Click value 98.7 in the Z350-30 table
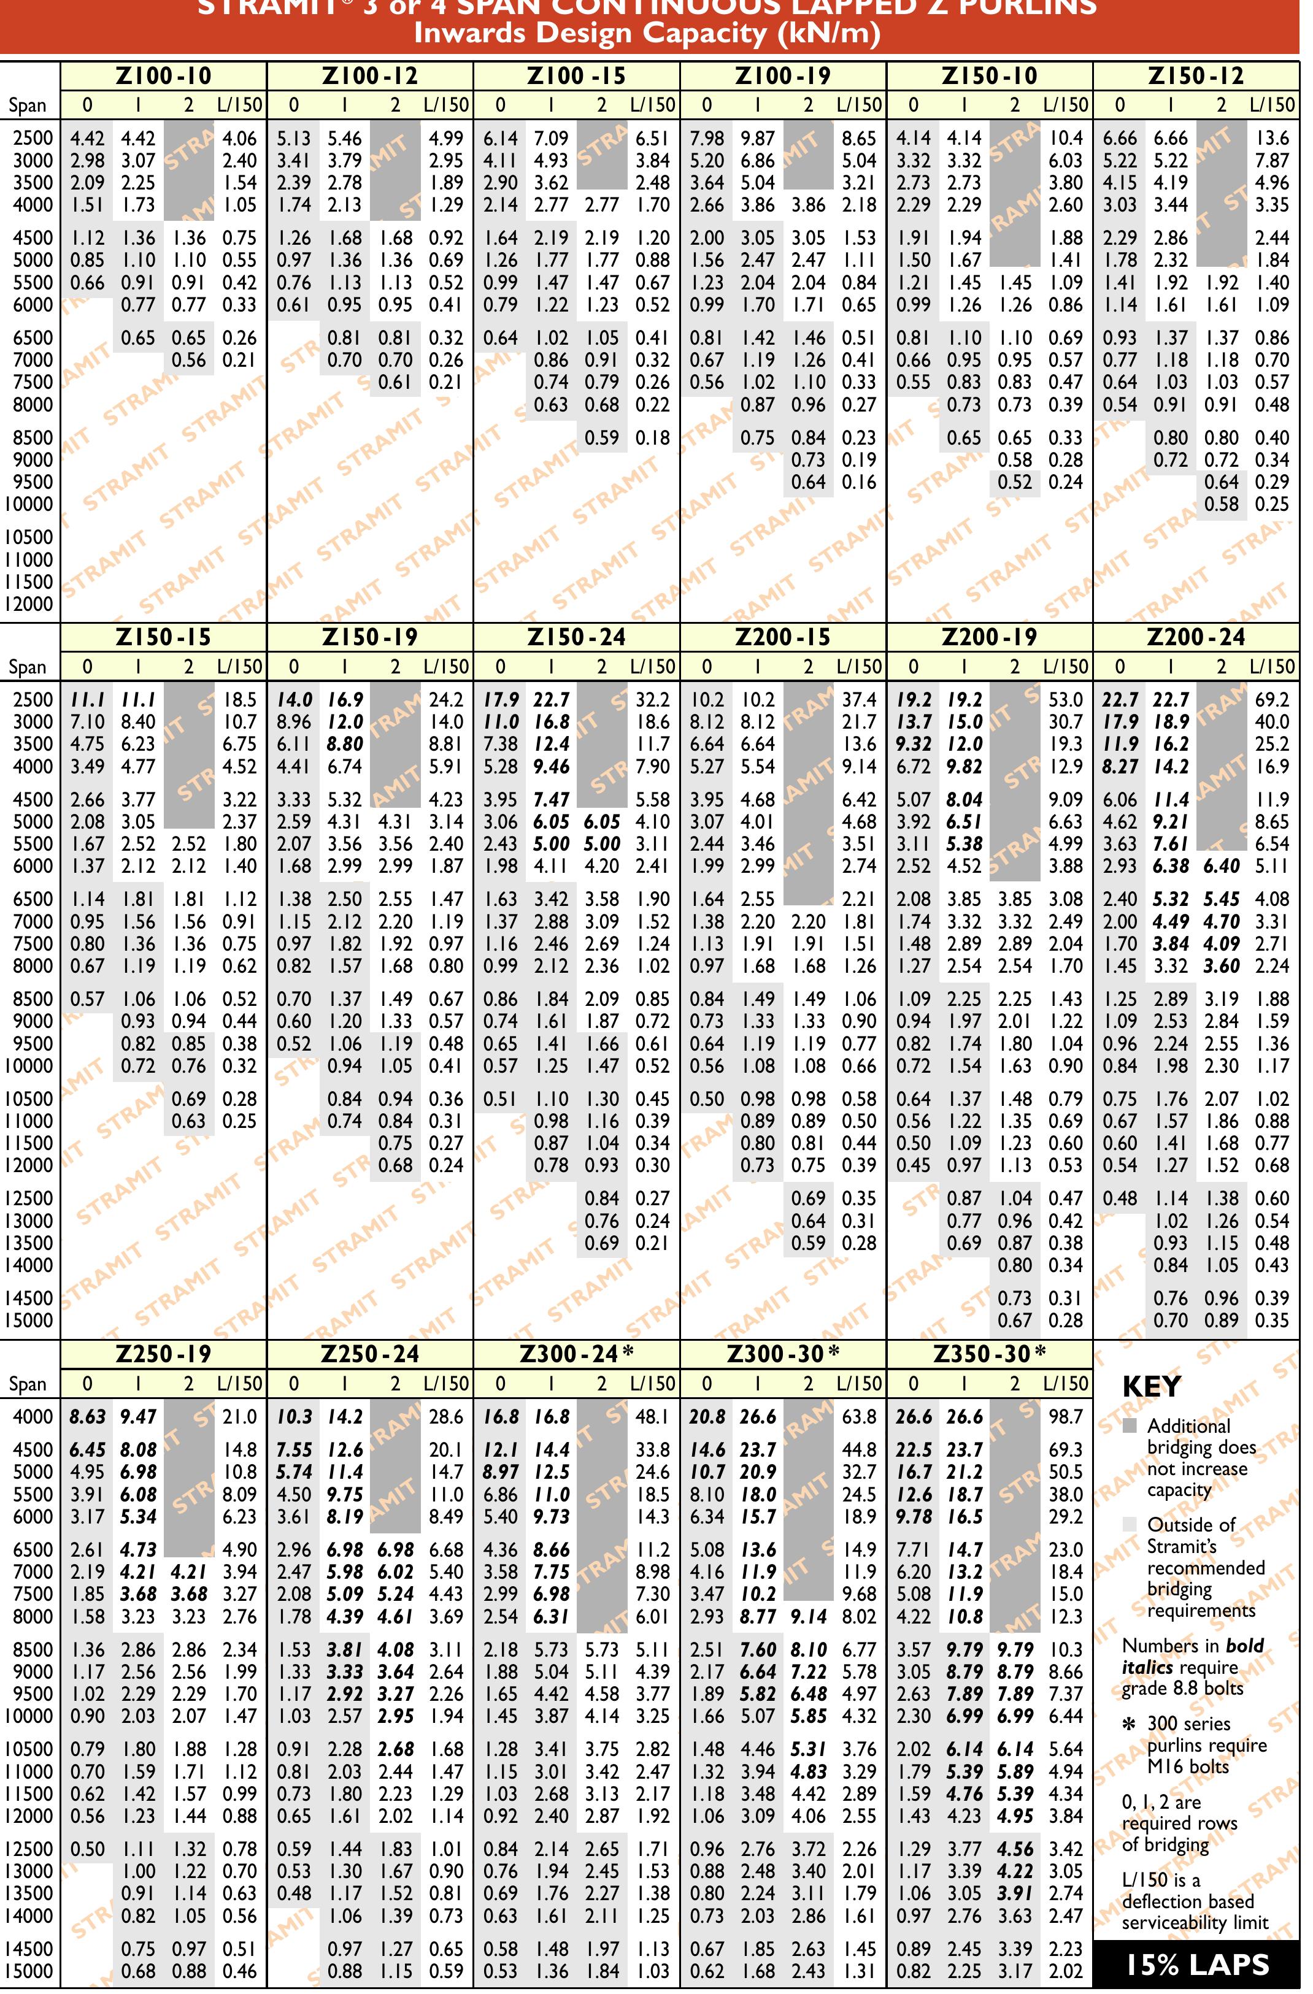1066,1417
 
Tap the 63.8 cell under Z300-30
859,1417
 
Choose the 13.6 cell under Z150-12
1272,138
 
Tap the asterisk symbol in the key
1130,1724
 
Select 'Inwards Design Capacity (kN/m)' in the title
648,34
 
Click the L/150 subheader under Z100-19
859,105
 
